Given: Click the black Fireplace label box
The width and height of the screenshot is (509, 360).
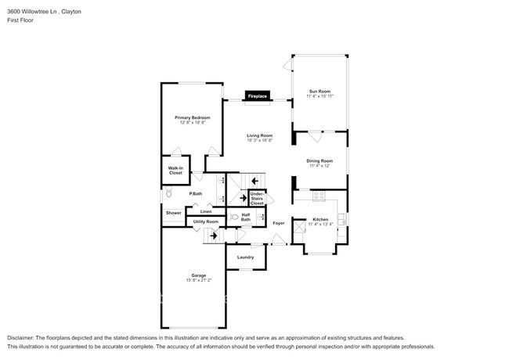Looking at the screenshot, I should click(x=258, y=96).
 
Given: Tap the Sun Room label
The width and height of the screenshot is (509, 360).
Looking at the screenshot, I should click(x=319, y=91).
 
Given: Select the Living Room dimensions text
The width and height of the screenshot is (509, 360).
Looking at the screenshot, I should click(x=259, y=141).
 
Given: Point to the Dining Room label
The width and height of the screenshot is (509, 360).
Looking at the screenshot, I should click(x=320, y=160).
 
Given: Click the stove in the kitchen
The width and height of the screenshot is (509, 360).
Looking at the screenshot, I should click(x=319, y=195).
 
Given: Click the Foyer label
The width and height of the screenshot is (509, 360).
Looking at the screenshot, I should click(x=278, y=224).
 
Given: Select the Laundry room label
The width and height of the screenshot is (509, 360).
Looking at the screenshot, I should click(x=245, y=257).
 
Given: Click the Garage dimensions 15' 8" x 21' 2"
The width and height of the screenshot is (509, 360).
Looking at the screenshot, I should click(x=199, y=280).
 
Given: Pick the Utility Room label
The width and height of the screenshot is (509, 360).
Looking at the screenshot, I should click(x=205, y=222).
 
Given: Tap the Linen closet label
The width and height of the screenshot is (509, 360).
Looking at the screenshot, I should click(x=205, y=211).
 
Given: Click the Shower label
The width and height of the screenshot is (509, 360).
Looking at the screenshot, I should click(x=173, y=212).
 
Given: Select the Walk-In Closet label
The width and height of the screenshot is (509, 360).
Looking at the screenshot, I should click(x=176, y=171).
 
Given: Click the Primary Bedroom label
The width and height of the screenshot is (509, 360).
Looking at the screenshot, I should click(x=192, y=117).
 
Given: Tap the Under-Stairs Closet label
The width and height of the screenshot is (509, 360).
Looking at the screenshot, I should click(x=257, y=198).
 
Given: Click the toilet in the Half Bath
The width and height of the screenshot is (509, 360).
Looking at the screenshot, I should click(x=234, y=217).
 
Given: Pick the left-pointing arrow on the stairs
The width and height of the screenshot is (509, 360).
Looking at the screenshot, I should click(x=254, y=182).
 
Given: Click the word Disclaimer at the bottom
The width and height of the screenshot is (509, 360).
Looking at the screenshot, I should click(x=23, y=334).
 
